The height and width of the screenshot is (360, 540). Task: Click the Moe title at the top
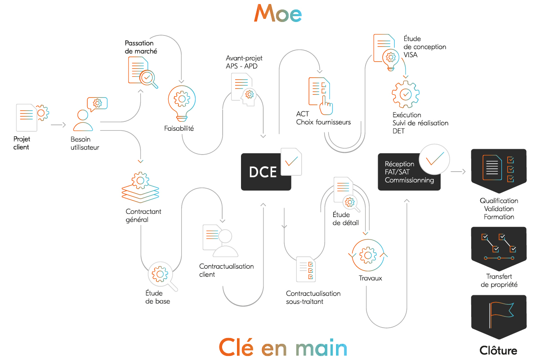click(x=278, y=13)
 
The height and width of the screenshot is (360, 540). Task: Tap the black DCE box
click(x=266, y=172)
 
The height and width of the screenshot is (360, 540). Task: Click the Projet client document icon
click(x=27, y=118)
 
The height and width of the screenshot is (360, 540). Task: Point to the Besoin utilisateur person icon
click(x=83, y=120)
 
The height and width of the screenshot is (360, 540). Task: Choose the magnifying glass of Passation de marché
click(x=149, y=79)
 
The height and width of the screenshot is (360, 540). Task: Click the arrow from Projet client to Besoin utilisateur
click(x=58, y=125)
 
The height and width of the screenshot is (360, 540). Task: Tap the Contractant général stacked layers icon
click(x=140, y=187)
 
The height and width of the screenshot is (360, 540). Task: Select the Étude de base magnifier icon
click(x=162, y=276)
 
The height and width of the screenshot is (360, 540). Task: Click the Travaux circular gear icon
click(x=368, y=255)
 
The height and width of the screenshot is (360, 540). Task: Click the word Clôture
click(x=498, y=350)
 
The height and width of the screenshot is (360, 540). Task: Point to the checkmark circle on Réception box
click(x=434, y=159)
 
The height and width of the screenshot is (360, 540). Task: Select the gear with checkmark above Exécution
click(x=406, y=94)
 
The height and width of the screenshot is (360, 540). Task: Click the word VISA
click(x=411, y=55)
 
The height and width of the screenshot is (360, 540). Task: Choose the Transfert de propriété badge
click(x=499, y=249)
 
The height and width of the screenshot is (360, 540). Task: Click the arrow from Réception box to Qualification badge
click(x=458, y=172)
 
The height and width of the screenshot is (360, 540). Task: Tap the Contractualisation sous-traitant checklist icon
click(x=306, y=269)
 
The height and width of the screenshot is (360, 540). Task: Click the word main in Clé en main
click(x=321, y=348)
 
